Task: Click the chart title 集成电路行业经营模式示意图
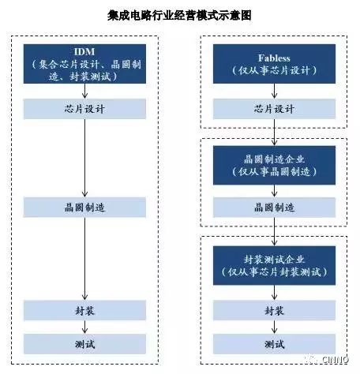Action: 179,15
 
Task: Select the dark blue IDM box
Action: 84,64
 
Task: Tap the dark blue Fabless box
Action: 274,64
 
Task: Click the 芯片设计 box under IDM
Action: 84,109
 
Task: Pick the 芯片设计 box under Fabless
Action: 274,109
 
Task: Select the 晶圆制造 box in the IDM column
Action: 84,208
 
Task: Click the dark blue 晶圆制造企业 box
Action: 274,165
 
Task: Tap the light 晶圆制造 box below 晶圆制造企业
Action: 274,208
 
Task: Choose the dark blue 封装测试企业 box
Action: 274,265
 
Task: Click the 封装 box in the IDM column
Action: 84,311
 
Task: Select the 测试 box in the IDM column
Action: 84,344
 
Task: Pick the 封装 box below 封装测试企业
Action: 274,311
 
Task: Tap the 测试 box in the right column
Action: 274,344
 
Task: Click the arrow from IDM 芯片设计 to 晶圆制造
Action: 84,159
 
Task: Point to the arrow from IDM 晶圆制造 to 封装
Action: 84,259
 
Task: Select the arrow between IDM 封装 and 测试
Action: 84,327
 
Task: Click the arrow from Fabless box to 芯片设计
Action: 274,92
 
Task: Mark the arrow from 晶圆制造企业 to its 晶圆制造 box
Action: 274,191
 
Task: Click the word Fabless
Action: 274,58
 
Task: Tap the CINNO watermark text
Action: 335,360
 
